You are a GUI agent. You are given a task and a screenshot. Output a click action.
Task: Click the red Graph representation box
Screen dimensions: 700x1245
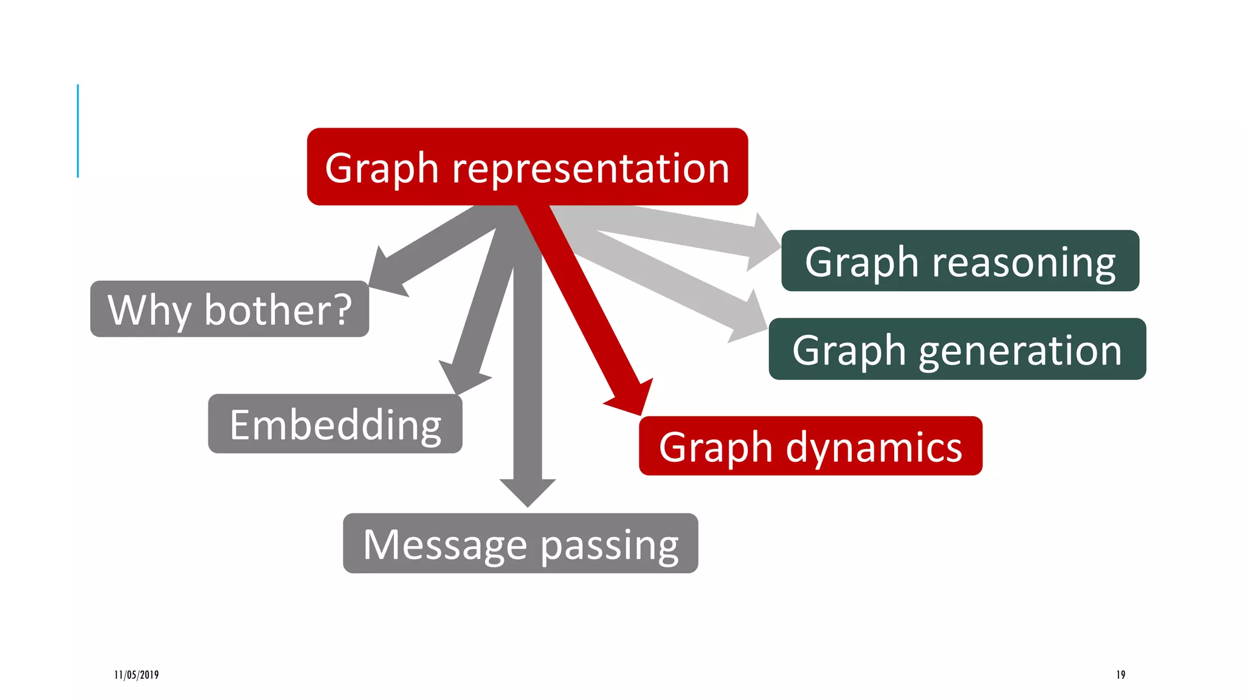tap(527, 166)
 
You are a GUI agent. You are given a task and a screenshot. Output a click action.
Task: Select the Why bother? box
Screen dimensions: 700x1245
tap(229, 309)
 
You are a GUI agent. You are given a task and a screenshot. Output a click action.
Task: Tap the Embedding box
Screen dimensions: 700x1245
tap(335, 424)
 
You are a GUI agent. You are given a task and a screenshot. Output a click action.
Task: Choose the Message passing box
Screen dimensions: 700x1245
tap(520, 543)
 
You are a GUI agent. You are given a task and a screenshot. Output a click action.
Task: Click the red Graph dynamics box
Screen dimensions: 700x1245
tap(810, 445)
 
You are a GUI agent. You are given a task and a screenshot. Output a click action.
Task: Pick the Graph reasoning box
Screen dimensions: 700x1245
tap(960, 261)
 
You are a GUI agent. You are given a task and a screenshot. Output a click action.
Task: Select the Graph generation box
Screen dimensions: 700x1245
tap(957, 349)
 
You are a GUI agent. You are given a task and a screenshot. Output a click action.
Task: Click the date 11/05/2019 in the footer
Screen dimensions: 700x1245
tap(137, 674)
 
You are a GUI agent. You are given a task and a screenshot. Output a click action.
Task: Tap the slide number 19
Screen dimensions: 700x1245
tap(1120, 674)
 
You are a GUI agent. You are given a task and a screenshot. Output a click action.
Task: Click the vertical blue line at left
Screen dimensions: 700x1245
tap(78, 131)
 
